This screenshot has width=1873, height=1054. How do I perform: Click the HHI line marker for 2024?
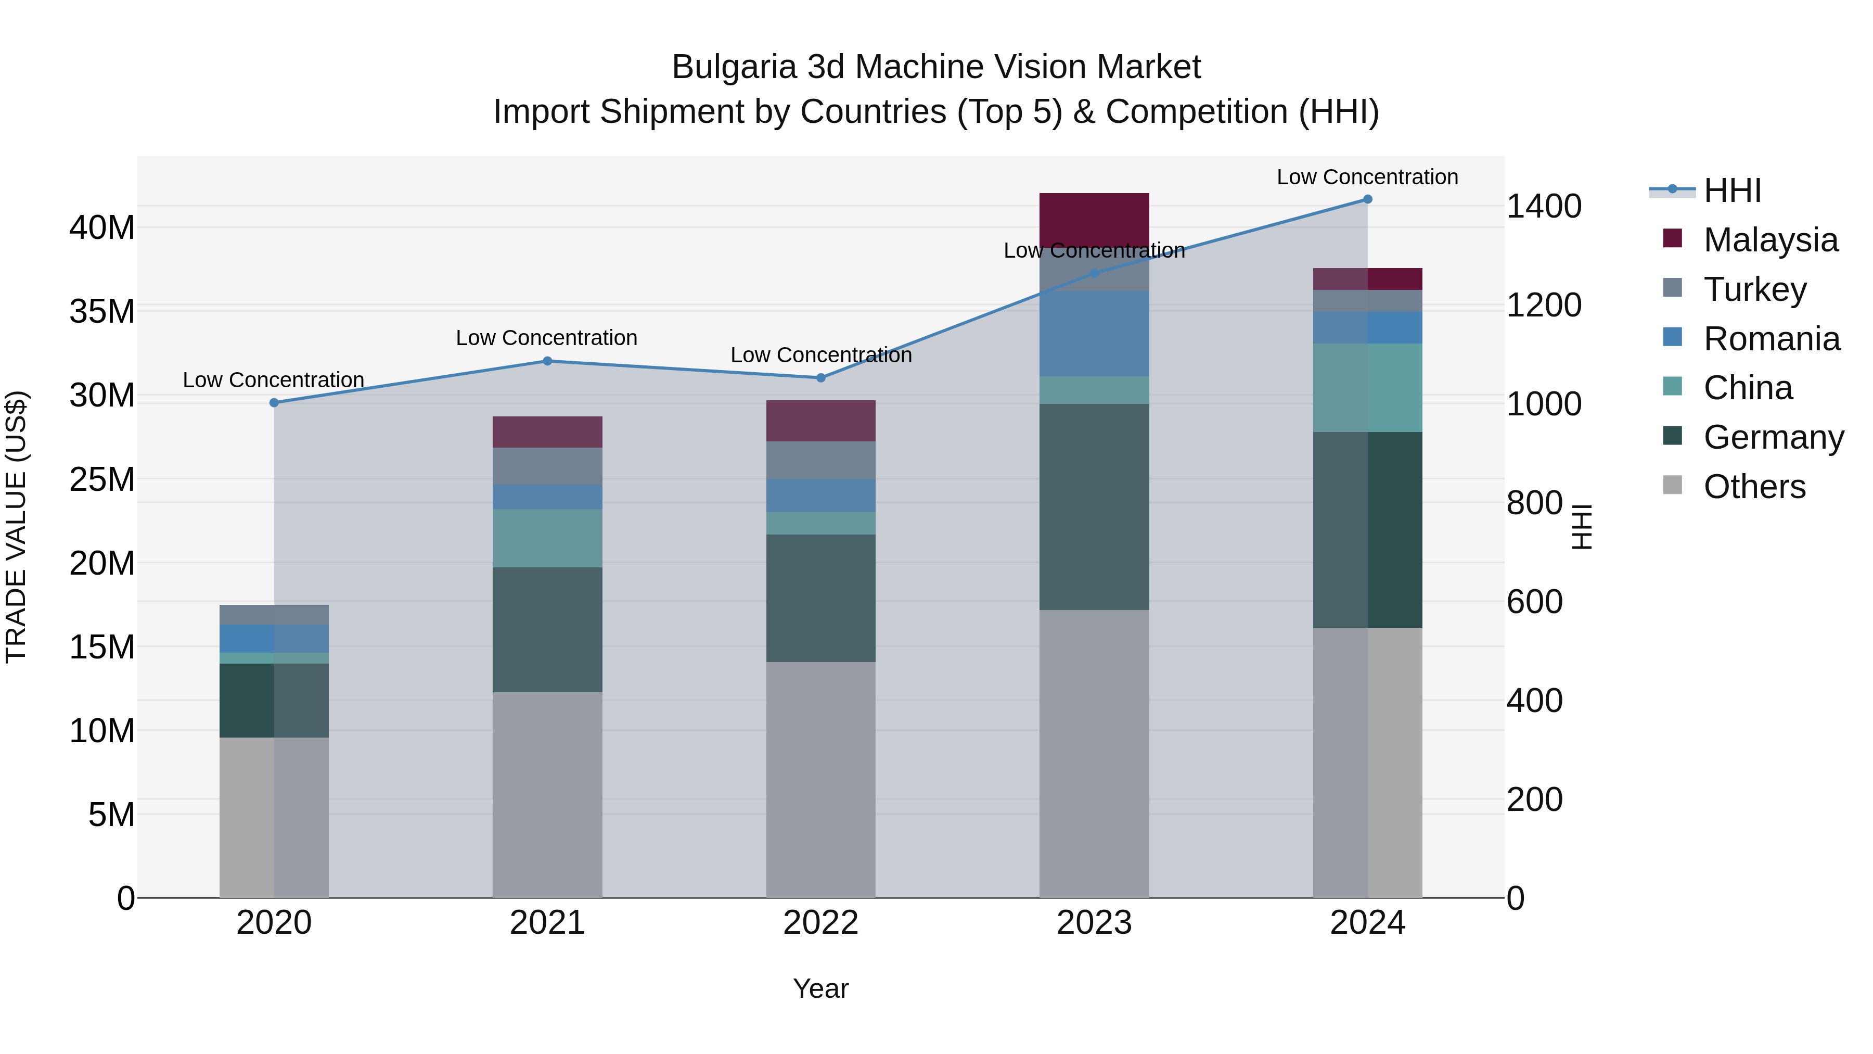click(x=1367, y=199)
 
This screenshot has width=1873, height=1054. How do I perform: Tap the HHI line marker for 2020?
click(x=274, y=402)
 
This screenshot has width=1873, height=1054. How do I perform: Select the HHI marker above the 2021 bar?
click(x=547, y=361)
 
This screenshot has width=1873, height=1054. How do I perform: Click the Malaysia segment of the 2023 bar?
click(x=1094, y=218)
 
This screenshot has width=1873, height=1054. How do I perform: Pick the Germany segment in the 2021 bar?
click(x=547, y=629)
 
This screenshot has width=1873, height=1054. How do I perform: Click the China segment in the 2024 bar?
click(x=1367, y=388)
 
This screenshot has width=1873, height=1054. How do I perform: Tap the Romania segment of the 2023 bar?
click(x=1094, y=333)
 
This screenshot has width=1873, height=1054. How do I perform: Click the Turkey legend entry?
click(x=1754, y=289)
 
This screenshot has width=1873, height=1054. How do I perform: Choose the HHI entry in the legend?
click(x=1732, y=191)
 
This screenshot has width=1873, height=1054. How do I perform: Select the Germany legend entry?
click(x=1773, y=437)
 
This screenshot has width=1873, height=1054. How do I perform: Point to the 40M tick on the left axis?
click(x=102, y=227)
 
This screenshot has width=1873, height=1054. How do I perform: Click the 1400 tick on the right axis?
click(x=1544, y=207)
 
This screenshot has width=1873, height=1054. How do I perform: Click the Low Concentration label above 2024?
click(x=1367, y=177)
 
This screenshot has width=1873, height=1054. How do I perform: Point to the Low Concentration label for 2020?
click(x=273, y=380)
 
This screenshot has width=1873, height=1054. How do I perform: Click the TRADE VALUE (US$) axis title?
click(x=17, y=527)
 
